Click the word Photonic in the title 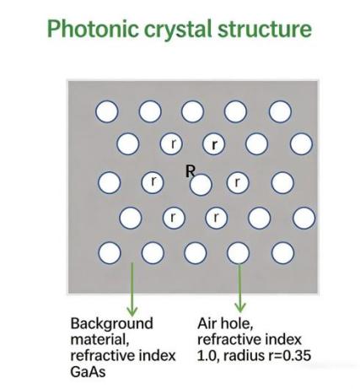tap(93, 29)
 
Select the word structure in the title tap(265, 29)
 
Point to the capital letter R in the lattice tap(191, 170)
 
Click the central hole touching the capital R tap(201, 185)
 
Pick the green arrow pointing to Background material tap(132, 289)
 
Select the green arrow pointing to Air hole tap(239, 288)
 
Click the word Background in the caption tap(112, 323)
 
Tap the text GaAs tap(88, 372)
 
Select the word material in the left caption tap(99, 339)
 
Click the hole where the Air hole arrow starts tap(238, 252)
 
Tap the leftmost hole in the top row tap(107, 111)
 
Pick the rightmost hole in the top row tap(280, 111)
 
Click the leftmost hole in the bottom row tap(110, 252)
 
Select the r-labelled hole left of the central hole tap(153, 182)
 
